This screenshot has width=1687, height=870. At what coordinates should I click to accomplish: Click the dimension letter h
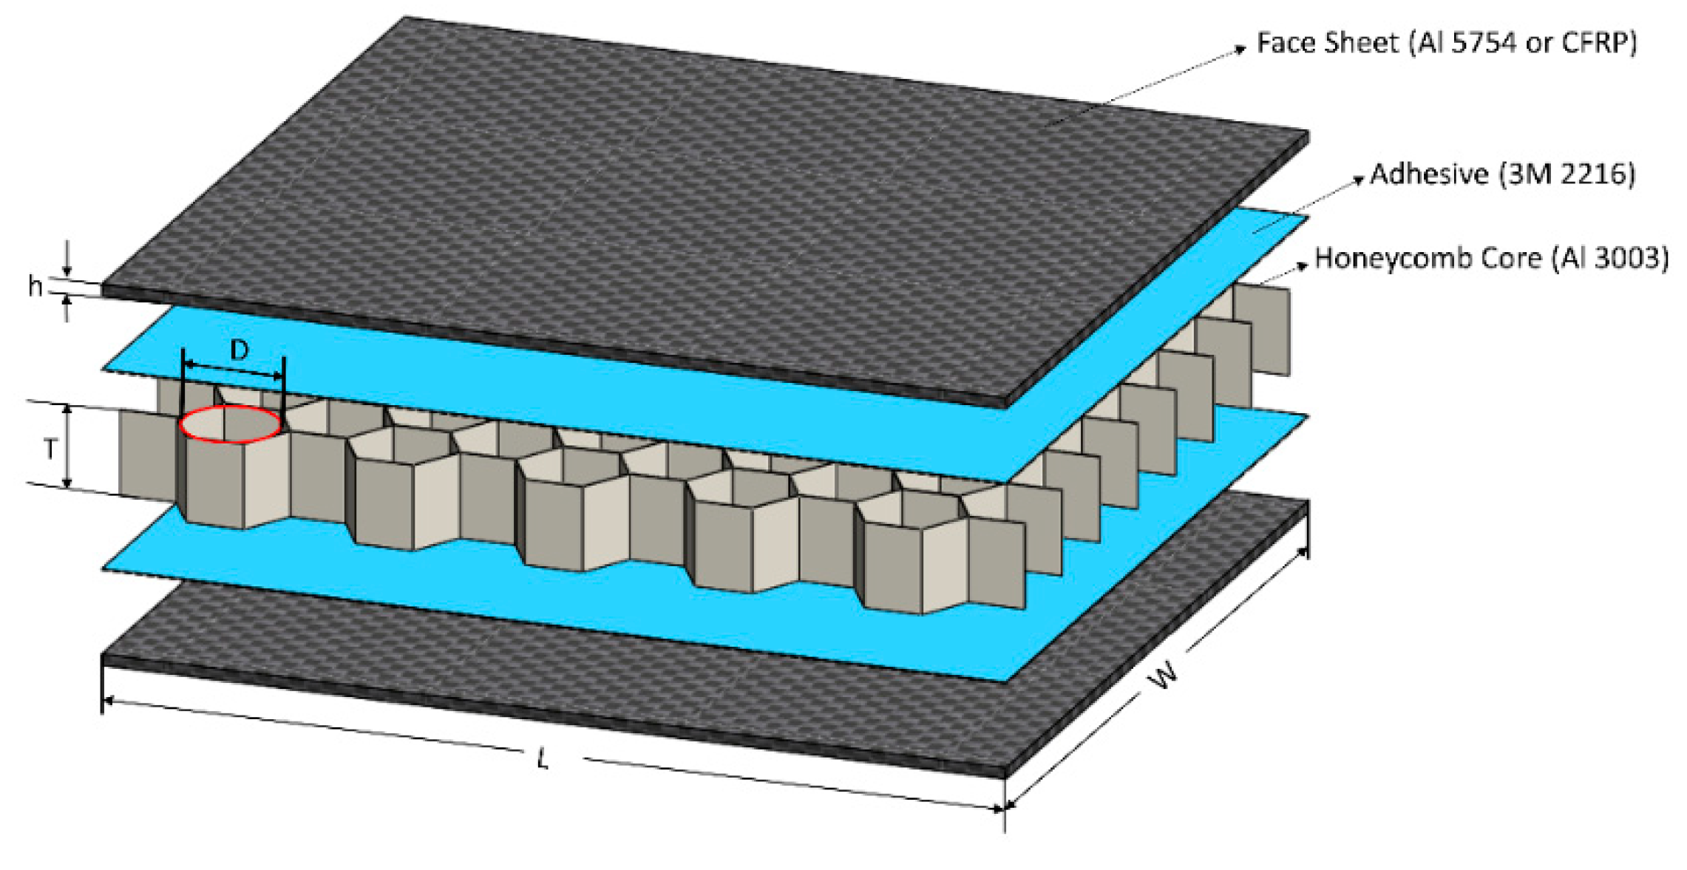coord(34,285)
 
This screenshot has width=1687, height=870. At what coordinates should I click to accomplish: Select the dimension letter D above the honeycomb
coord(239,350)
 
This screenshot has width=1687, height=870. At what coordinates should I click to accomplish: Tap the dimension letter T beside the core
coord(50,448)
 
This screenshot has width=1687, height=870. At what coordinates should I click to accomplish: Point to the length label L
coord(543,758)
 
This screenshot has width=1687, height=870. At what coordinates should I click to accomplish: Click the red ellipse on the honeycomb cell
coord(231,424)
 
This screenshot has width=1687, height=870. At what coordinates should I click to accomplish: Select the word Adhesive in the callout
coord(1429,174)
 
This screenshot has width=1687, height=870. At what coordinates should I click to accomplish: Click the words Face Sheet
coord(1328,43)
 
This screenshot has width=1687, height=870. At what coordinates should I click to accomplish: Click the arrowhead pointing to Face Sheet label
coord(1241,50)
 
